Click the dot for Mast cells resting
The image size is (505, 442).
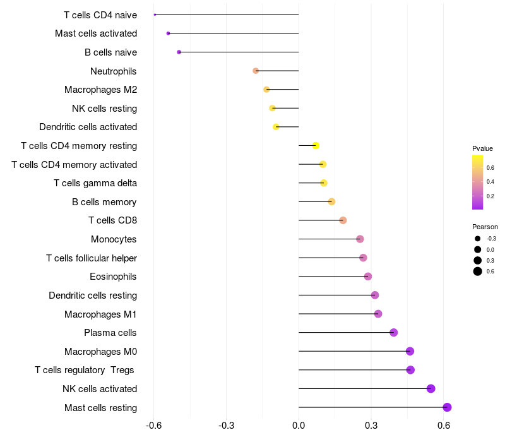[447, 407]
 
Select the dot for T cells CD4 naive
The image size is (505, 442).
[155, 15]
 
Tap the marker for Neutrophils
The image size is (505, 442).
[256, 71]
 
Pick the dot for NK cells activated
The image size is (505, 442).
[431, 388]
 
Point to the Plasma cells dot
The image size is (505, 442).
[394, 333]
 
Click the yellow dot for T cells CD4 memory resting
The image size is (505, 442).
[316, 146]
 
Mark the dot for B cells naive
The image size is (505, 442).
[179, 52]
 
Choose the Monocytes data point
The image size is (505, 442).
[360, 239]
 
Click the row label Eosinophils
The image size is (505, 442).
[114, 277]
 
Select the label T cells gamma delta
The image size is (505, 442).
[95, 183]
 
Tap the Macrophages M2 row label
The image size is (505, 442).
[101, 90]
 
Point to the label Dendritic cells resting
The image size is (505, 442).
[93, 296]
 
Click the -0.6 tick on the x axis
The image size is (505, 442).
[153, 426]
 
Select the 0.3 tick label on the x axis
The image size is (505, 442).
[371, 426]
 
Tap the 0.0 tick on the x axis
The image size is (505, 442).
[299, 426]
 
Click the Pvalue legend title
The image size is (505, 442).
[482, 148]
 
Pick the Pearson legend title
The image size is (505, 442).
[485, 227]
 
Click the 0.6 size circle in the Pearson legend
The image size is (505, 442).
[478, 272]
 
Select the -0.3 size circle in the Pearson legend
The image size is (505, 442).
[478, 239]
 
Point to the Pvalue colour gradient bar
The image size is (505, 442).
[478, 182]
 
